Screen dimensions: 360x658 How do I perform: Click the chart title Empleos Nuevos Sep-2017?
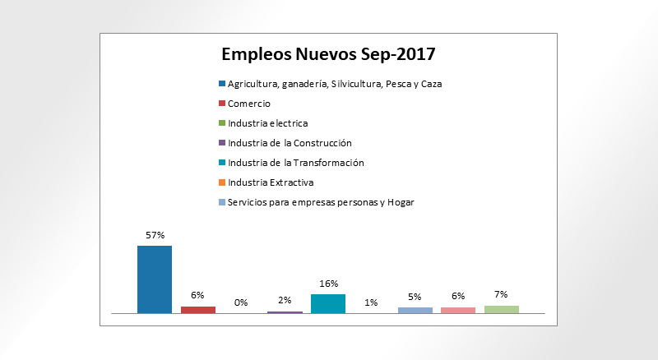point(328,55)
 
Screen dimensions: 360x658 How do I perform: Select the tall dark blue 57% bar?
point(155,279)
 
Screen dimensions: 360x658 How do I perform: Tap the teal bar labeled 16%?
point(328,302)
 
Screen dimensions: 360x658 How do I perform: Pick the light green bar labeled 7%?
point(502,309)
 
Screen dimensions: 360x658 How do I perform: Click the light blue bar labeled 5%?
point(415,310)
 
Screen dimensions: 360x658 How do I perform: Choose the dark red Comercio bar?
point(198,309)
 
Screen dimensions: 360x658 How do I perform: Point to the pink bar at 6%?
point(458,310)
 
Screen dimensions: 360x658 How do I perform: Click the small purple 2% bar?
point(285,312)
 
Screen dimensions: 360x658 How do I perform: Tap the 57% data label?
point(155,235)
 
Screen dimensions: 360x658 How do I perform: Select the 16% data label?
point(328,284)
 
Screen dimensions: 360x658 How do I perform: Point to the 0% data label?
point(241,302)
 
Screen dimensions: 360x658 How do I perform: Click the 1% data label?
point(371,302)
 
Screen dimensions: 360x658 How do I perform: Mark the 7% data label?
point(502,294)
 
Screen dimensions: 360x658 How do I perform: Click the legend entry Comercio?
point(248,104)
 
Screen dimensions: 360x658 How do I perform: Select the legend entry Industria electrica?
point(267,123)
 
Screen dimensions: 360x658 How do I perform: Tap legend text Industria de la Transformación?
point(295,163)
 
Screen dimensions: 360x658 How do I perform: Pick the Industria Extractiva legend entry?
point(271,182)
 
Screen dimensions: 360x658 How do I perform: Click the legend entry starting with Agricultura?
point(334,84)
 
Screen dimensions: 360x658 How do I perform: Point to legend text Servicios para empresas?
point(321,202)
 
